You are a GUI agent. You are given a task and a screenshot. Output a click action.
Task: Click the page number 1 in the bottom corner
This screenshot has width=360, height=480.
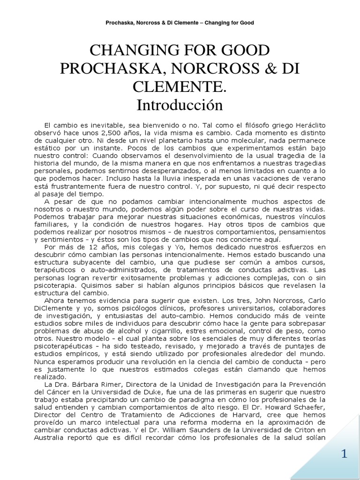pos(345,455)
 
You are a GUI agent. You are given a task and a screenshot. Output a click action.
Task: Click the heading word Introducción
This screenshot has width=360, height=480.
pos(180,105)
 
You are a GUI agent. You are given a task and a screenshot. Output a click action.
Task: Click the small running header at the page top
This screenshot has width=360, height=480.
pos(180,22)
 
